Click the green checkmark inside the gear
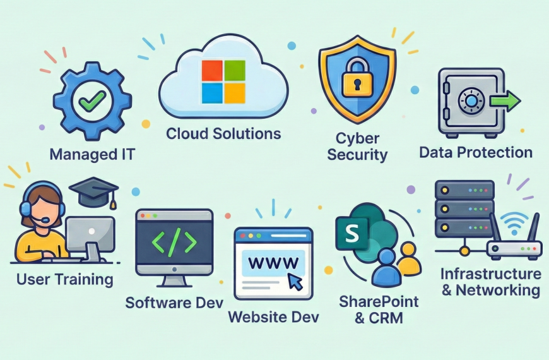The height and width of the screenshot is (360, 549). [x=91, y=100]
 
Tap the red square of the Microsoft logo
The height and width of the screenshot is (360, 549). [x=212, y=71]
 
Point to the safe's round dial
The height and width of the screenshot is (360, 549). [x=471, y=101]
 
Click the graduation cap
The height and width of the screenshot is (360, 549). [x=94, y=192]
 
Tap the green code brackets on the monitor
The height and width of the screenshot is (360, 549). [x=174, y=241]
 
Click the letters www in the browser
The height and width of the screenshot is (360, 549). [x=273, y=262]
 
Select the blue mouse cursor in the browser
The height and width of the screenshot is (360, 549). [x=295, y=282]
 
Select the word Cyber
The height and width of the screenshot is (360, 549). [x=357, y=138]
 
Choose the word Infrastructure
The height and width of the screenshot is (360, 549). [x=490, y=273]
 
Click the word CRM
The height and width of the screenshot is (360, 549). [x=387, y=318]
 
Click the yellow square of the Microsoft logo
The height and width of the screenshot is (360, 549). [x=235, y=93]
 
